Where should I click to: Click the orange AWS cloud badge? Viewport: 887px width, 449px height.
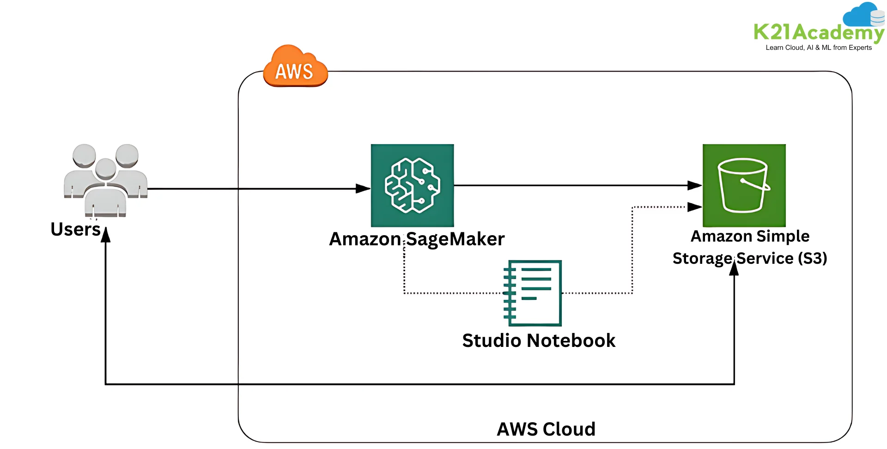pyautogui.click(x=295, y=67)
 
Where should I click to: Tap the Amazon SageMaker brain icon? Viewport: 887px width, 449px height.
pyautogui.click(x=412, y=185)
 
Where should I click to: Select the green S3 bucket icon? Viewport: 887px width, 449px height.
pyautogui.click(x=744, y=185)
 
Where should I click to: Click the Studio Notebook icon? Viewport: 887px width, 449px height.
pyautogui.click(x=533, y=293)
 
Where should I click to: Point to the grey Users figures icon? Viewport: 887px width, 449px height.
pyautogui.click(x=106, y=180)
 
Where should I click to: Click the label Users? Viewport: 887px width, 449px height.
pyautogui.click(x=75, y=230)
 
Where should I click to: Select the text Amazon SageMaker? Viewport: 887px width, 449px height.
pyautogui.click(x=416, y=239)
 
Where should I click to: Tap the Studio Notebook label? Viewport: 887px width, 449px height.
pyautogui.click(x=539, y=341)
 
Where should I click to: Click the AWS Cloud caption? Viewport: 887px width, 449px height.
pyautogui.click(x=546, y=429)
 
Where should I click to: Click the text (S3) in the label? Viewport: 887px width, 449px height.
pyautogui.click(x=813, y=258)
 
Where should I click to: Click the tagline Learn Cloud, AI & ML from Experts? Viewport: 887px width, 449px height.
pyautogui.click(x=819, y=48)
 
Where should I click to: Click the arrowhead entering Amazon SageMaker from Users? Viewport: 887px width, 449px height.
pyautogui.click(x=363, y=188)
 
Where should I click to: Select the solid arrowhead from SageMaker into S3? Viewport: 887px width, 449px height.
pyautogui.click(x=694, y=185)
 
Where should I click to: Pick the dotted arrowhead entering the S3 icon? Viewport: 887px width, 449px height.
pyautogui.click(x=694, y=207)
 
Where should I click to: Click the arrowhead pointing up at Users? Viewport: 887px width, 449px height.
pyautogui.click(x=106, y=235)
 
